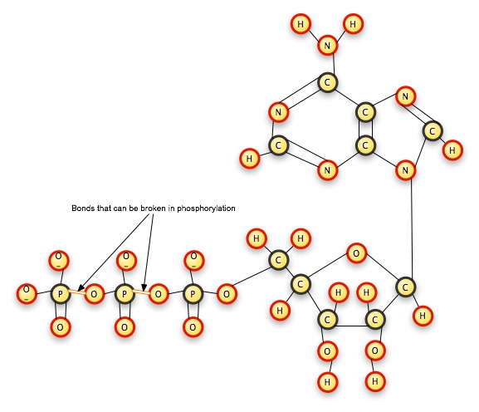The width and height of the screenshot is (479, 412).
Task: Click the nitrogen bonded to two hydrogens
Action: click(327, 46)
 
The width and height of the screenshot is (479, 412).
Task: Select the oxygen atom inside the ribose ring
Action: click(356, 253)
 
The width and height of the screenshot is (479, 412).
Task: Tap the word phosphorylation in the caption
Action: click(206, 208)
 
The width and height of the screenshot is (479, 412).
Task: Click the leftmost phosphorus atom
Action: click(61, 294)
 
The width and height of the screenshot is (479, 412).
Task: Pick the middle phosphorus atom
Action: click(125, 294)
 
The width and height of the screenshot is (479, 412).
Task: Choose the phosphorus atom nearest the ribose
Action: click(193, 294)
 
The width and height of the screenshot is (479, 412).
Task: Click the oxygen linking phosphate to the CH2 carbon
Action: click(227, 294)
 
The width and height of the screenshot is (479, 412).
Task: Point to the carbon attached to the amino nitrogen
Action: click(327, 82)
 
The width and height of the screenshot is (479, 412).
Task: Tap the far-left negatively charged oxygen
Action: click(27, 294)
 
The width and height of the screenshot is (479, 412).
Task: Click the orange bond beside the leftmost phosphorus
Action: click(77, 292)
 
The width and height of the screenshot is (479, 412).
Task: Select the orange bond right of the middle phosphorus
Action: click(142, 292)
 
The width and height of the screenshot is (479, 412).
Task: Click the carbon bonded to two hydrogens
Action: click(278, 260)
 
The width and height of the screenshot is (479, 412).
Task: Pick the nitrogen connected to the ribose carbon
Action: click(405, 170)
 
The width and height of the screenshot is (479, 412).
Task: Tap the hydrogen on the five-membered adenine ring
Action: click(452, 150)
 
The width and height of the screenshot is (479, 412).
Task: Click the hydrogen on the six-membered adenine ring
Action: click(250, 159)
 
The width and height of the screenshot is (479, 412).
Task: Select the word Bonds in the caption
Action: click(81, 208)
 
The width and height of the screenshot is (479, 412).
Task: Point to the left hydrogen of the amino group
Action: click(301, 24)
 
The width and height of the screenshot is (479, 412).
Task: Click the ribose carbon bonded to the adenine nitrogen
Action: click(405, 287)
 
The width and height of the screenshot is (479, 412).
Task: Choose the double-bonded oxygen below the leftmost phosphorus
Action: click(61, 327)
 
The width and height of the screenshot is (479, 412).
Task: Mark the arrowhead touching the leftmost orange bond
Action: click(81, 287)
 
